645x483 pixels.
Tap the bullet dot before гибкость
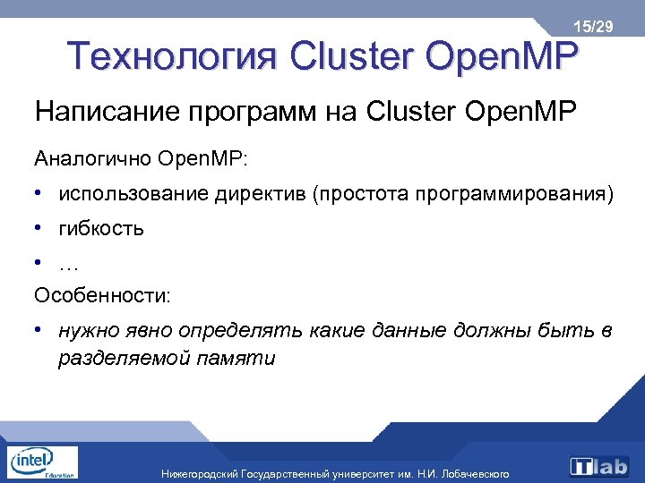40,227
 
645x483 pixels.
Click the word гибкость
101,228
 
